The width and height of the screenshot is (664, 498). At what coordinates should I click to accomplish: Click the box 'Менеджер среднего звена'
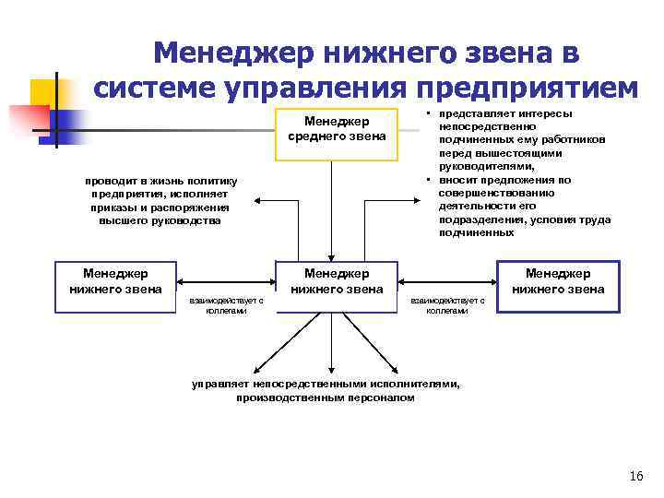337,130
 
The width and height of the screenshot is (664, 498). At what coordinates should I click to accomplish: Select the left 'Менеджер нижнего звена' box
115,281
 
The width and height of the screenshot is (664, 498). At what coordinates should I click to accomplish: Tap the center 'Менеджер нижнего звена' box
337,281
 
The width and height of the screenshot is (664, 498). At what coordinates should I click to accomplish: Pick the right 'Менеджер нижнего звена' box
558,281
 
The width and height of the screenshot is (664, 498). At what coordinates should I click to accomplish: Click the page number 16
635,476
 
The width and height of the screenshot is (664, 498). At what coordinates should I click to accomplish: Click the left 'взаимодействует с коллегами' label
226,305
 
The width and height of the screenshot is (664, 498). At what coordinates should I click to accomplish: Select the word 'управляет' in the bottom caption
219,384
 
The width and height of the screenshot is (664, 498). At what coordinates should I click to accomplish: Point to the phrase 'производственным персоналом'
326,397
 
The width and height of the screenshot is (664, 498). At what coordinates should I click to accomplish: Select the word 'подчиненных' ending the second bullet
476,232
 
